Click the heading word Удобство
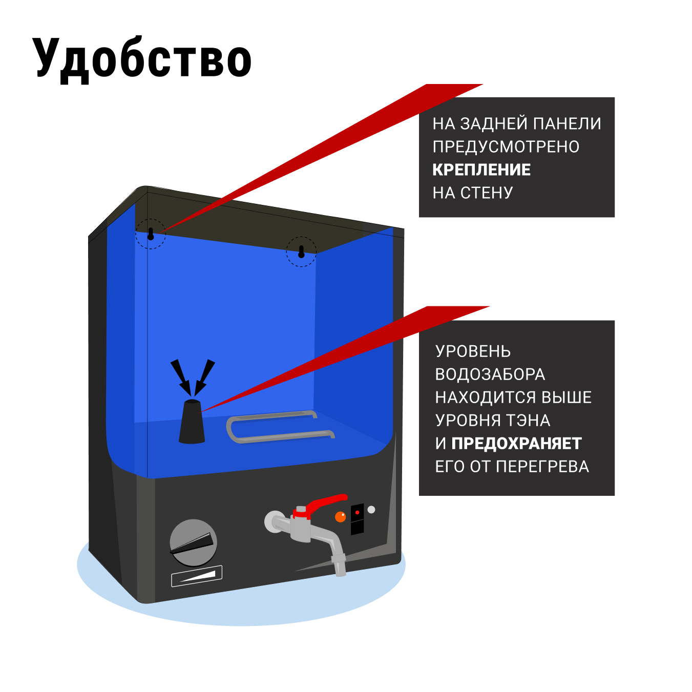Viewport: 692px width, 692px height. click(142, 58)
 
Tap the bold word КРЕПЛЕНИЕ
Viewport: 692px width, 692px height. click(481, 170)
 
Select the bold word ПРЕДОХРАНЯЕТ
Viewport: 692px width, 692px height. click(516, 443)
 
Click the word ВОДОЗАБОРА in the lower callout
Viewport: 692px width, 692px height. click(490, 374)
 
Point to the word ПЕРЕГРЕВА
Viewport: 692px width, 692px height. click(542, 466)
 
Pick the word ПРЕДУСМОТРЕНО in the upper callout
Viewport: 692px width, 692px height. click(506, 146)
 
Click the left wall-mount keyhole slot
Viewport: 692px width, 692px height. click(151, 234)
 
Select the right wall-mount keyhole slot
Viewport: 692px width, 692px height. click(301, 251)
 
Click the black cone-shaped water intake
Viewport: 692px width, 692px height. click(192, 422)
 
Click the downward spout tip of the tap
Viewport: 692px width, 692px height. click(340, 569)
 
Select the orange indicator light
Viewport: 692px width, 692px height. click(340, 517)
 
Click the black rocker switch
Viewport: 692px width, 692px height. click(357, 519)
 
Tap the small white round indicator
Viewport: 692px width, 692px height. click(371, 510)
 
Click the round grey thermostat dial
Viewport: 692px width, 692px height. click(193, 542)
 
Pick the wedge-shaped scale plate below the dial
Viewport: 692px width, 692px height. click(197, 576)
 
